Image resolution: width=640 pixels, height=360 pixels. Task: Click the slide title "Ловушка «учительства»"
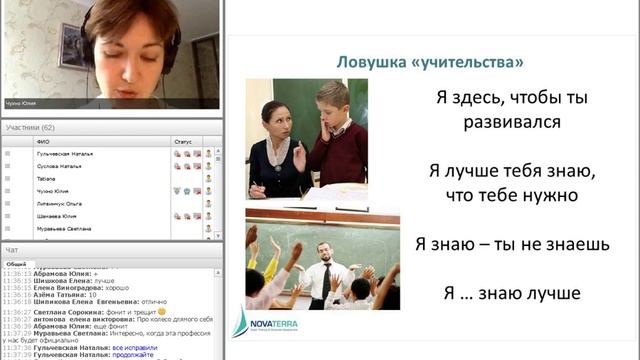click(429, 63)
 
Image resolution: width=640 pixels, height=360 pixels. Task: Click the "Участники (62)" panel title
click(30, 128)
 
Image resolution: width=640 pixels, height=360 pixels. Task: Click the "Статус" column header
click(182, 141)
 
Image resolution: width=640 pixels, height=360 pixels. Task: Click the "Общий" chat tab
click(16, 263)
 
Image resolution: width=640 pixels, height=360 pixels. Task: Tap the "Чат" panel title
click(12, 249)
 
